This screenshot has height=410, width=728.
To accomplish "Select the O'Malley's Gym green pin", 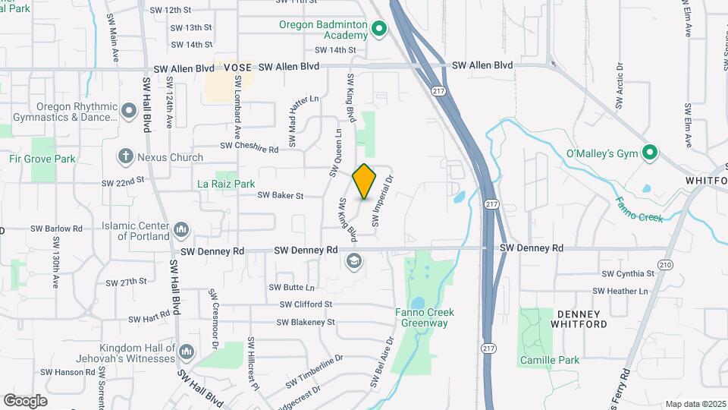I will (649, 153).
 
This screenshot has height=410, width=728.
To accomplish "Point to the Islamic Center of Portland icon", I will (181, 229).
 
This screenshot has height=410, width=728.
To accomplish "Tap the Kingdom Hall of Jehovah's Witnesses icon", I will (187, 351).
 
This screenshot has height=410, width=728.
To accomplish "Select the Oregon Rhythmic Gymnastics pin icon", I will (129, 112).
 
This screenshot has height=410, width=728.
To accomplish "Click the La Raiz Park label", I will (226, 184).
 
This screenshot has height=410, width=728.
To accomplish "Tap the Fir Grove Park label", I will (42, 159).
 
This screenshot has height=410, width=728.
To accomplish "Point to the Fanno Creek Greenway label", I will (422, 317).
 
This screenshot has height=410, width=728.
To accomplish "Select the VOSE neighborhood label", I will (238, 68).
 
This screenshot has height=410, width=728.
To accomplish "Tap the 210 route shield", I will (666, 264).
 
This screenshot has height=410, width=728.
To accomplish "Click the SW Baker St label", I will (280, 195).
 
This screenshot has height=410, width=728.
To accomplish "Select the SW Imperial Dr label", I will (382, 201).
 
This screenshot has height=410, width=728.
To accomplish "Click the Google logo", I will (25, 400).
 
